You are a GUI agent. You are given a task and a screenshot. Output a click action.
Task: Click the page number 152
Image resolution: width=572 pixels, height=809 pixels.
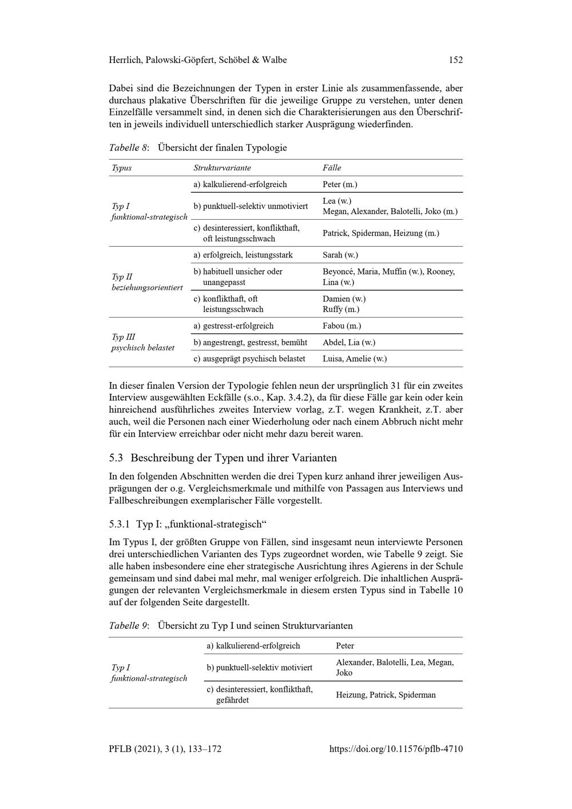[455, 60]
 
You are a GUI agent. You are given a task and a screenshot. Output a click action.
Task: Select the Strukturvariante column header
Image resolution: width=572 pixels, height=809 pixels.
[222, 168]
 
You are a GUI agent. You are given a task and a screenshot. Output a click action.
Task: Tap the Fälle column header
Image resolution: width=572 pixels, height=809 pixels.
[332, 168]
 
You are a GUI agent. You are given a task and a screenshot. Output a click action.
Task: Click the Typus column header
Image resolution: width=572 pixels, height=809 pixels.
[121, 168]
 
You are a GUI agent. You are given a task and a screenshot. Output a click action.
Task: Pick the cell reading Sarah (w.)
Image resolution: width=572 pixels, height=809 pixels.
[340, 255]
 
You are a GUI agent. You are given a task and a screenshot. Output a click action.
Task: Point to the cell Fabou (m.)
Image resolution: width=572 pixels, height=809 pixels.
[341, 326]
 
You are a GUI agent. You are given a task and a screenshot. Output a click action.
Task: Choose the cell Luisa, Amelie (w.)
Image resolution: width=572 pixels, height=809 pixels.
[354, 359]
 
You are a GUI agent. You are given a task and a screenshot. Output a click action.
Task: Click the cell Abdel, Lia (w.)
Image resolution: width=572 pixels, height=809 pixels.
[348, 342]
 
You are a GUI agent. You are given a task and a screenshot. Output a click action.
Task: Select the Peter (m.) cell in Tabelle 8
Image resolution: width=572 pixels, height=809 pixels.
[340, 184]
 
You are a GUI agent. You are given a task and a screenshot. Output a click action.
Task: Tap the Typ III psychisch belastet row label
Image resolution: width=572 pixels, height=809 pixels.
[142, 342]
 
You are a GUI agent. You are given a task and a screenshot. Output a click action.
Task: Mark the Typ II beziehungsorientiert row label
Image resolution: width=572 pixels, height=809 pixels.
[147, 282]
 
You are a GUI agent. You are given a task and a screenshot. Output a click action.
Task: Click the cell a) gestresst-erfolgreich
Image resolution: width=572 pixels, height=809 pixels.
[233, 326]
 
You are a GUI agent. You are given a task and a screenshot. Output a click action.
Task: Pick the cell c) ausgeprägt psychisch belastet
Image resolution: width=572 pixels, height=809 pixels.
[249, 359]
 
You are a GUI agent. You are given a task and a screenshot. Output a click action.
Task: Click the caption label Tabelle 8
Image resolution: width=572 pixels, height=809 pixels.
[129, 148]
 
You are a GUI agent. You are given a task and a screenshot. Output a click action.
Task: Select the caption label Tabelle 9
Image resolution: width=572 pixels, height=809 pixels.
[129, 625]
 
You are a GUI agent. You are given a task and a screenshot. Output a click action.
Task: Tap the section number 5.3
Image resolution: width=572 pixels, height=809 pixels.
[116, 458]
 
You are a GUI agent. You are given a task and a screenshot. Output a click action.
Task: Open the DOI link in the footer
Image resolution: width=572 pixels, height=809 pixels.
[396, 749]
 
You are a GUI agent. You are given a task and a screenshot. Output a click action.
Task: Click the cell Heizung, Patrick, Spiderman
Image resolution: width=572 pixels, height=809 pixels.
[386, 695]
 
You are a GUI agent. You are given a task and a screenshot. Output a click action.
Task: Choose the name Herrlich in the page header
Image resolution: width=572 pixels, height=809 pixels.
[125, 60]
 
